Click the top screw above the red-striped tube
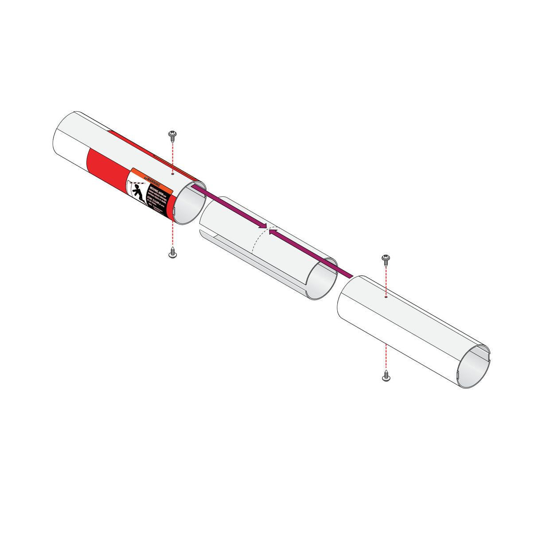click(x=172, y=135)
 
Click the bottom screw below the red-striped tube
click(x=173, y=254)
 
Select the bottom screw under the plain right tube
click(x=386, y=377)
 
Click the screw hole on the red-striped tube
click(x=173, y=174)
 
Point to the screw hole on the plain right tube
click(x=386, y=298)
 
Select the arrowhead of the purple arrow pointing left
click(x=273, y=232)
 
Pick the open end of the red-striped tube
click(x=189, y=204)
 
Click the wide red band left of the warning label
click(x=106, y=171)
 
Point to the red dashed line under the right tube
click(x=386, y=357)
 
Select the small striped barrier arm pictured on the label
click(x=139, y=183)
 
